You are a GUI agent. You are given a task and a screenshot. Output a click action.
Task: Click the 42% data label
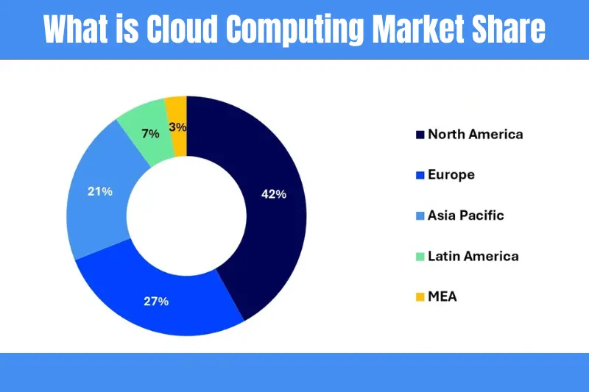tap(273, 194)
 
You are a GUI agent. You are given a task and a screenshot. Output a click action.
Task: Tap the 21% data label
tap(99, 192)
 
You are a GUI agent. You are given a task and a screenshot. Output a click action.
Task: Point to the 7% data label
tap(150, 134)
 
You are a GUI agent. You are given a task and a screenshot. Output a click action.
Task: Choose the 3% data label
tap(177, 126)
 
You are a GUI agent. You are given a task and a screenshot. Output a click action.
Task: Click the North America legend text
tap(475, 135)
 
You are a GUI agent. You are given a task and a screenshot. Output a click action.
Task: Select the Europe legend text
tap(451, 175)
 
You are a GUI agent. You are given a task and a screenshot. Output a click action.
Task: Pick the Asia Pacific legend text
tap(465, 215)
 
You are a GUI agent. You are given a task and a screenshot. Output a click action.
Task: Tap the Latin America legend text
tap(473, 256)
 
